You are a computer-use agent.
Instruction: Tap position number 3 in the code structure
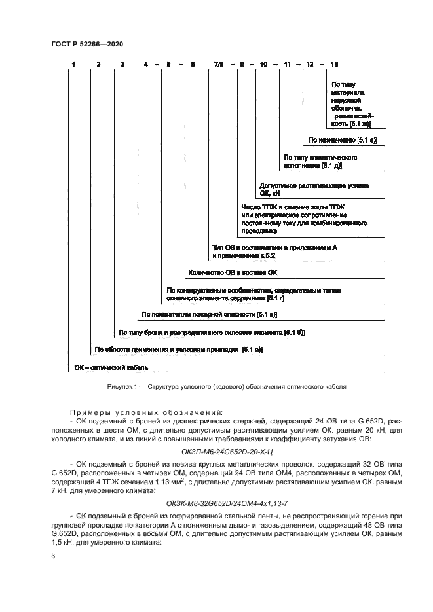click(x=122, y=64)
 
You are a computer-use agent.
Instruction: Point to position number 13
click(x=335, y=64)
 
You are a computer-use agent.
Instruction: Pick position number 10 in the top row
click(x=263, y=64)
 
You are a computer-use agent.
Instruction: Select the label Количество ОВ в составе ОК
click(x=233, y=272)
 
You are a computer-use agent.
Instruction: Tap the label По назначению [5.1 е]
click(x=343, y=140)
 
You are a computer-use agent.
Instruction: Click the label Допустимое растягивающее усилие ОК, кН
click(x=314, y=190)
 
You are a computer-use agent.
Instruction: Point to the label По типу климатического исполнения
click(x=320, y=162)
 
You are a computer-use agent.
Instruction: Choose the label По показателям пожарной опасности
click(x=209, y=315)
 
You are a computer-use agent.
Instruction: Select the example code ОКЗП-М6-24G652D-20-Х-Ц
click(x=217, y=451)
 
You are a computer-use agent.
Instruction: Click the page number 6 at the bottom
click(x=53, y=556)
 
